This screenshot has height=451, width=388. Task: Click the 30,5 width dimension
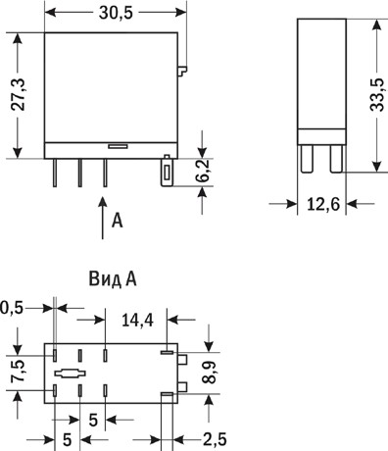tap(116, 13)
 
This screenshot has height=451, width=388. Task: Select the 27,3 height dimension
tap(19, 95)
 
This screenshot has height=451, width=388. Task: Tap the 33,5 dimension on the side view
tap(377, 95)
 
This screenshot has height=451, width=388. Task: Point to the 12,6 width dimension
tap(323, 204)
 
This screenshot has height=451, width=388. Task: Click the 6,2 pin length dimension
tap(205, 172)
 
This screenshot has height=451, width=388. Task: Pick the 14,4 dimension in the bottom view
tap(137, 320)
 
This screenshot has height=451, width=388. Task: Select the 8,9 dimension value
tap(210, 373)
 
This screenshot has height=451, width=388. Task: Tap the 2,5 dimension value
tap(215, 439)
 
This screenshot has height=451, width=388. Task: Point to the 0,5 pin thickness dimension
tap(12, 308)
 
